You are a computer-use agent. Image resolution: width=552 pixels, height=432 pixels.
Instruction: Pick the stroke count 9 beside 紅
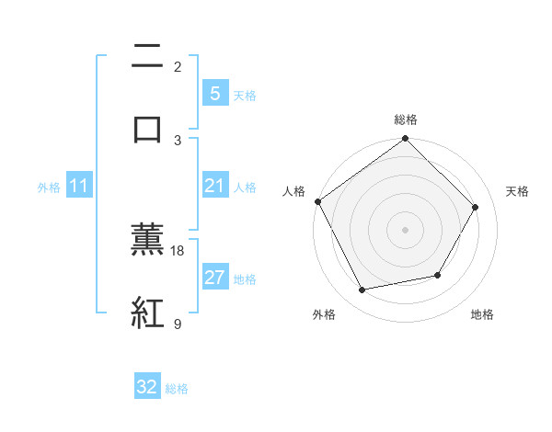click(178, 324)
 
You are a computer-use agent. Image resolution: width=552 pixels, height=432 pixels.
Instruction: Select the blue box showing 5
click(214, 93)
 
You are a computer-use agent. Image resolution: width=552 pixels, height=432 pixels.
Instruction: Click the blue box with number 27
click(214, 277)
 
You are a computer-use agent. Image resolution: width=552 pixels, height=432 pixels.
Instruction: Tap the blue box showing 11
click(79, 186)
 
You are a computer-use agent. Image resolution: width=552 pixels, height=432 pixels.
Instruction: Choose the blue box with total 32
click(147, 387)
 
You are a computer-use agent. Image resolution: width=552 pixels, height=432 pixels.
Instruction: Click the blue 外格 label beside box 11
click(49, 187)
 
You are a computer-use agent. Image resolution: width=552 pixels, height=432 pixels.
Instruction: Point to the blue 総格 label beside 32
click(177, 389)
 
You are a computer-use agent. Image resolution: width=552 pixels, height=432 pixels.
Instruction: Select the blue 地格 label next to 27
click(245, 279)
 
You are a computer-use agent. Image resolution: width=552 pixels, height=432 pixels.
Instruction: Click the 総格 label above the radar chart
click(406, 119)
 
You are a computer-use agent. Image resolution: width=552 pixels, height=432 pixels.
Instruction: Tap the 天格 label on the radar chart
click(518, 191)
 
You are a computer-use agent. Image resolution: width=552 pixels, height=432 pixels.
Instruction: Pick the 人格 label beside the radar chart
click(293, 191)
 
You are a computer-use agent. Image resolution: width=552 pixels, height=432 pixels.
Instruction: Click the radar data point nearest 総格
click(406, 140)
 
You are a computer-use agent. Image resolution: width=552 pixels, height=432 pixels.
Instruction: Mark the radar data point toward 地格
click(438, 275)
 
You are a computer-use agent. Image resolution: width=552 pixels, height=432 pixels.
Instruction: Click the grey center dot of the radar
click(406, 230)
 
